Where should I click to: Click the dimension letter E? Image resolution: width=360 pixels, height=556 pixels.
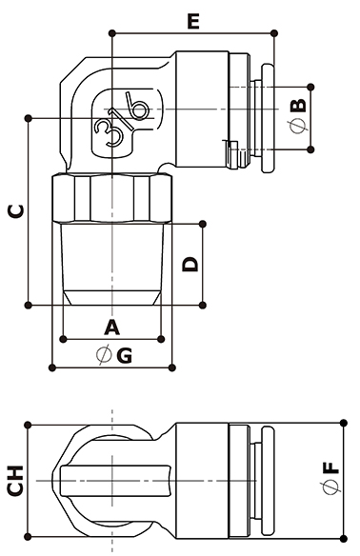(193, 21)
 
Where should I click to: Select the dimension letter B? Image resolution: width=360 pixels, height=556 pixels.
(298, 106)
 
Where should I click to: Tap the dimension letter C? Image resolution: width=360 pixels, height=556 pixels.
(16, 211)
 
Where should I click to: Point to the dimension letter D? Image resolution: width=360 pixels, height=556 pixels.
(190, 264)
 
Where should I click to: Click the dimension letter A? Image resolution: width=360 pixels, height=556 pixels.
(111, 328)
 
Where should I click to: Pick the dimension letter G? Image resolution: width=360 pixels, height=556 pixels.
(125, 355)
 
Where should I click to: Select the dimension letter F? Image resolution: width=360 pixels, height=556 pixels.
(331, 467)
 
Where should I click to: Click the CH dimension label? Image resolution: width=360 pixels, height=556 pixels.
(15, 481)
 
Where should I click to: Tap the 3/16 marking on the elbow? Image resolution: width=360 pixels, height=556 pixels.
(122, 119)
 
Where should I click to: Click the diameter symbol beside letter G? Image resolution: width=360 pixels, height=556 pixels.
(104, 355)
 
